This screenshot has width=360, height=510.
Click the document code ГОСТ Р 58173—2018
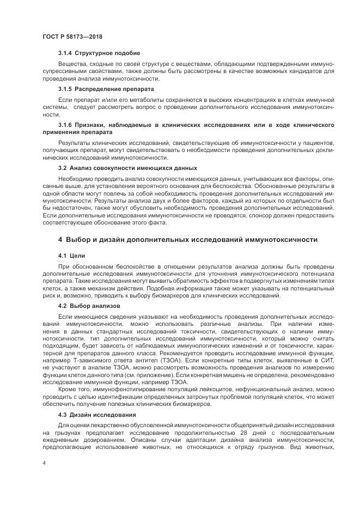click(x=72, y=37)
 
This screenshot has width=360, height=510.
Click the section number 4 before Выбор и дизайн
click(x=60, y=240)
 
